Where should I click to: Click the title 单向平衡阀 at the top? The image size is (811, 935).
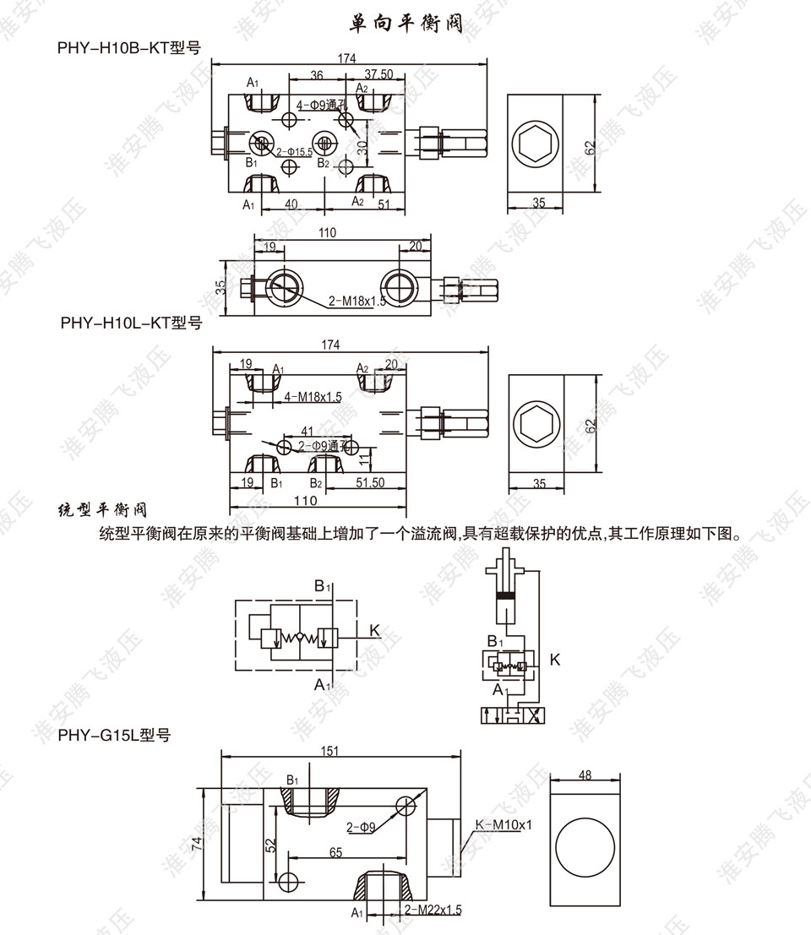point(405,24)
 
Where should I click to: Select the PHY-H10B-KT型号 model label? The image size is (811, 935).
point(128,47)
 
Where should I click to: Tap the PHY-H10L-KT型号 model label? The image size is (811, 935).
point(132,322)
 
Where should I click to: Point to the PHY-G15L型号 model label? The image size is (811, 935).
point(115,736)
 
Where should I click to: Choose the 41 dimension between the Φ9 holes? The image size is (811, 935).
point(307,431)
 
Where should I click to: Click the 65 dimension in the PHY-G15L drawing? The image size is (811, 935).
point(335,853)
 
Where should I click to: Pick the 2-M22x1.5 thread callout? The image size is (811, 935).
point(433,910)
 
